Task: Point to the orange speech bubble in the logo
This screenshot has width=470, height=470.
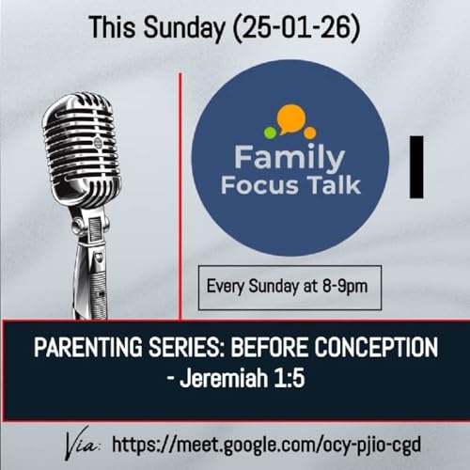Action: (291, 117)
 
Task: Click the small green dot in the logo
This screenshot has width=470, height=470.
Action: (271, 132)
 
